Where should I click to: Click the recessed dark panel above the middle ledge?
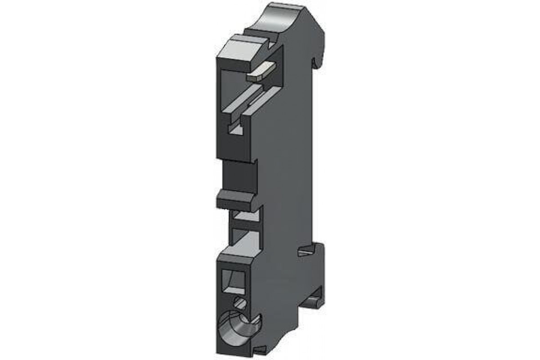coord(238,175)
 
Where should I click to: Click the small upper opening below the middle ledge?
coord(245,216)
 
